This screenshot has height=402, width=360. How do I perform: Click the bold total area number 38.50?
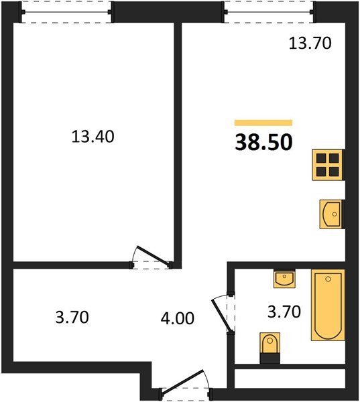pyautogui.click(x=263, y=143)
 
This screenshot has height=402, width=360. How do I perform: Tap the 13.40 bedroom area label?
pyautogui.click(x=93, y=137)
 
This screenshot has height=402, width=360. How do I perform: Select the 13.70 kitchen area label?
pyautogui.click(x=310, y=43)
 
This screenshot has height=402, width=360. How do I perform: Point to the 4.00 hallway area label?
pyautogui.click(x=177, y=318)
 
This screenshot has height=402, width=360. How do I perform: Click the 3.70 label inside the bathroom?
pyautogui.click(x=284, y=312)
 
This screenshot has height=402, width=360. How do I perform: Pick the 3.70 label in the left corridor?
pyautogui.click(x=72, y=317)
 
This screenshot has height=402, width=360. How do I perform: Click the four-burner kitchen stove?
pyautogui.click(x=327, y=165)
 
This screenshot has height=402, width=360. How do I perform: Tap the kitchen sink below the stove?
pyautogui.click(x=331, y=214)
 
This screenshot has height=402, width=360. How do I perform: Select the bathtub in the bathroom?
pyautogui.click(x=328, y=305)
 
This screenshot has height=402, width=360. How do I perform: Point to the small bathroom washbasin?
pyautogui.click(x=284, y=279)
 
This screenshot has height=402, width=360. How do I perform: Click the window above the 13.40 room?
pyautogui.click(x=67, y=12)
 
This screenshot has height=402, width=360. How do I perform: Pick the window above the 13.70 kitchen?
pyautogui.click(x=269, y=12)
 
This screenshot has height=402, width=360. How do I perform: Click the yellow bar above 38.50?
pyautogui.click(x=263, y=123)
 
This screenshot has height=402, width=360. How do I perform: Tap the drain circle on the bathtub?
pyautogui.click(x=328, y=279)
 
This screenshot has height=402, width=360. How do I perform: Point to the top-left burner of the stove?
pyautogui.click(x=321, y=158)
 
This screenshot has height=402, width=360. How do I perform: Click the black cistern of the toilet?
pyautogui.click(x=269, y=358)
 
